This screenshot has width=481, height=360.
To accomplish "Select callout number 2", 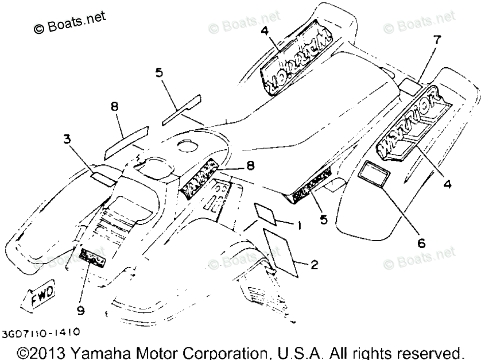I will coord(313,265).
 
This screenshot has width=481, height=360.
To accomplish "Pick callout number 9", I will coord(80,311).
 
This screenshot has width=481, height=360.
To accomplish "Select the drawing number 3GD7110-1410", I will coord(40,332).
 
